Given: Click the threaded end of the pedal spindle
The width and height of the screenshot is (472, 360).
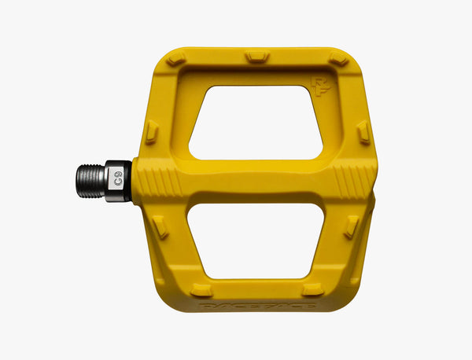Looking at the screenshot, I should (90, 181).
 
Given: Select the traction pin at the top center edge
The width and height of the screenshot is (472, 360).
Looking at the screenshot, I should (256, 57).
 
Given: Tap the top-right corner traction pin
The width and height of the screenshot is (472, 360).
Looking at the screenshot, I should (339, 59).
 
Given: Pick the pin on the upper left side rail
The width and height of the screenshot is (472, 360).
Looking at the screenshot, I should (152, 130).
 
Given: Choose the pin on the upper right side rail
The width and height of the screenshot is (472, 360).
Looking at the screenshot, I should (363, 131).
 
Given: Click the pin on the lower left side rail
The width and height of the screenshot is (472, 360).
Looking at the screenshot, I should (160, 227).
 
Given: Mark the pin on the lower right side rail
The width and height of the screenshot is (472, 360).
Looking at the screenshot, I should (351, 226).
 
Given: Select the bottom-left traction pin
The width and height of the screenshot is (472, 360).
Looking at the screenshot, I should (202, 289).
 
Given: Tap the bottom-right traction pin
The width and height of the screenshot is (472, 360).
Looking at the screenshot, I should (312, 288).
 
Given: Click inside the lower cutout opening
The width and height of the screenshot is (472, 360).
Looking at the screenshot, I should (253, 240).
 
